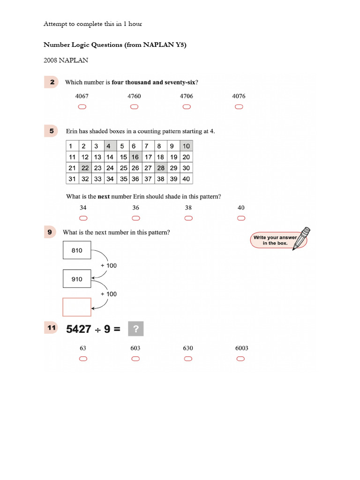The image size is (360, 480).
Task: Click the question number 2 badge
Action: (x=52, y=82)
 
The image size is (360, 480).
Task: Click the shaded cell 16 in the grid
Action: (x=135, y=157)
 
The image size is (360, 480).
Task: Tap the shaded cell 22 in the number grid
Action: (x=85, y=168)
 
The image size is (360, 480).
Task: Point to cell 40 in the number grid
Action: (x=186, y=179)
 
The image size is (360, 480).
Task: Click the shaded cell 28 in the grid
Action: (x=161, y=168)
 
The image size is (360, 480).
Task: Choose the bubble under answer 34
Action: (x=83, y=218)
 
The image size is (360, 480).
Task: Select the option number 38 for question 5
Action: (x=188, y=208)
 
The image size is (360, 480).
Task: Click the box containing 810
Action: (x=77, y=250)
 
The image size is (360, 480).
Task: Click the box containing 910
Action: (x=77, y=279)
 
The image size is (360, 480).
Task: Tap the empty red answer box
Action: (x=77, y=307)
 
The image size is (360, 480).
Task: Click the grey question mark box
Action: (x=135, y=329)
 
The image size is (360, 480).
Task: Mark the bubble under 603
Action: (x=135, y=359)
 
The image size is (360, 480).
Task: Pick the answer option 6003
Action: (x=241, y=348)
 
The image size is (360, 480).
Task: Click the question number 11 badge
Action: (x=52, y=329)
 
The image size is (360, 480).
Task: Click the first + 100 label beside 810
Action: (x=109, y=265)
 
